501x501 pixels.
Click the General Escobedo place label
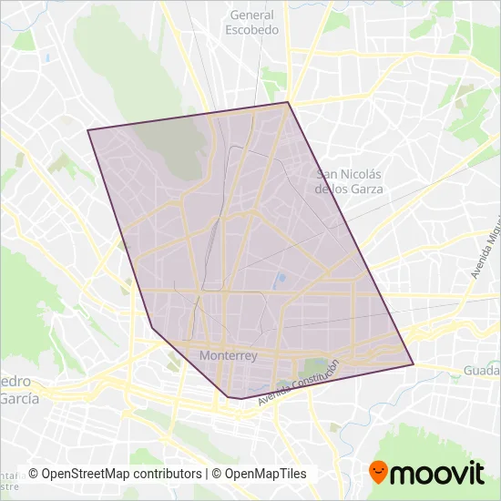pyautogui.click(x=252, y=22)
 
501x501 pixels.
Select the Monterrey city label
pyautogui.click(x=228, y=356)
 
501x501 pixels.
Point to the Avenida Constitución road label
pyautogui.click(x=298, y=383)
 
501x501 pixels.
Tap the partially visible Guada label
pyautogui.click(x=482, y=371)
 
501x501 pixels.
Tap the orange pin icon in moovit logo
pyautogui.click(x=378, y=472)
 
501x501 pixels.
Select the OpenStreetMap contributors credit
pyautogui.click(x=115, y=474)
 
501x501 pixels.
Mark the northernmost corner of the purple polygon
pyautogui.click(x=288, y=102)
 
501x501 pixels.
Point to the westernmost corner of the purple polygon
pyautogui.click(x=87, y=130)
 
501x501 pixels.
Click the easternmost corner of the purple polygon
pyautogui.click(x=414, y=364)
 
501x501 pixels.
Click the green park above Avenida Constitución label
pyautogui.click(x=313, y=366)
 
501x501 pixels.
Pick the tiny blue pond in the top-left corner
pyautogui.click(x=45, y=58)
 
